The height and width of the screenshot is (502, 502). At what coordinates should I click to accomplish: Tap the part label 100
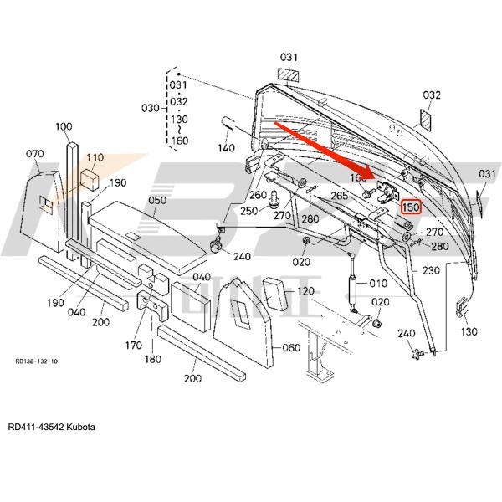(64, 126)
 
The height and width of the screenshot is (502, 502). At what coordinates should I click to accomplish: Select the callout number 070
(34, 154)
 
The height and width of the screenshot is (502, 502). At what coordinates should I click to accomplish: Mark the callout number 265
(339, 196)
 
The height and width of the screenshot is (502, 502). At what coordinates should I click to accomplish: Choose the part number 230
(430, 271)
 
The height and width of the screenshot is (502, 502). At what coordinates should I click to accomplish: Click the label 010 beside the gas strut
(377, 284)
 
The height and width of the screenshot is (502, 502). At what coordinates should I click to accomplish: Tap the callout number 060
(291, 347)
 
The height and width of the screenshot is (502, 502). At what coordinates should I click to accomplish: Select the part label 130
(469, 331)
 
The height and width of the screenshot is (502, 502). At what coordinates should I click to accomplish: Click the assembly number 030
(150, 108)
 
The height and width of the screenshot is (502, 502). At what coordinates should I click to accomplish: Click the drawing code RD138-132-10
(36, 361)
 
